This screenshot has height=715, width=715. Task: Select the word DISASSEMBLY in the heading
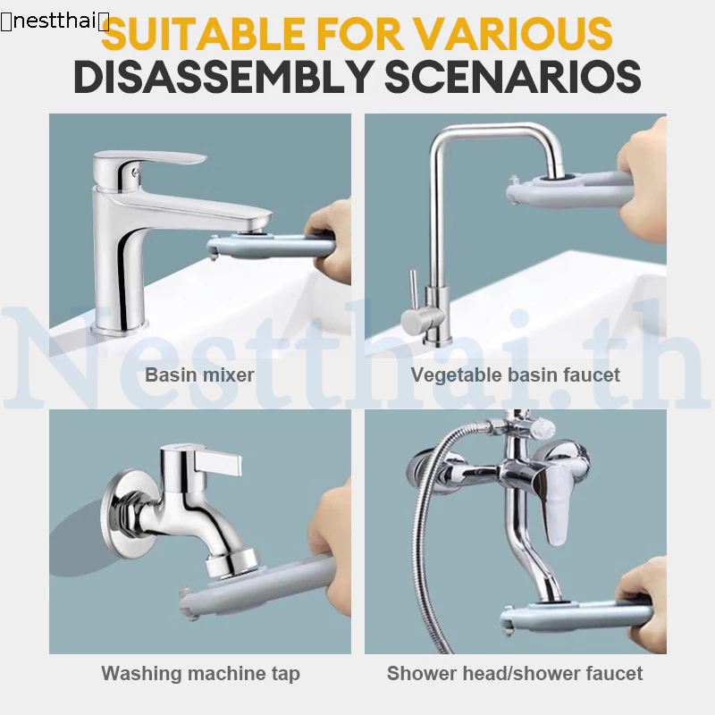tap(223, 76)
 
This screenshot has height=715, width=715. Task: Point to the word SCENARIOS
tap(513, 76)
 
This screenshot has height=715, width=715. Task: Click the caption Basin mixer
tap(199, 374)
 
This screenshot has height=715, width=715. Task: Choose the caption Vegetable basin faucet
tap(516, 375)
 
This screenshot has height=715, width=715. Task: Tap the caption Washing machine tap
tap(200, 674)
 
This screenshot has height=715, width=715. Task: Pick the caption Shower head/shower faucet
tap(515, 674)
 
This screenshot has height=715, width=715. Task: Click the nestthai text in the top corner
tap(55, 21)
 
